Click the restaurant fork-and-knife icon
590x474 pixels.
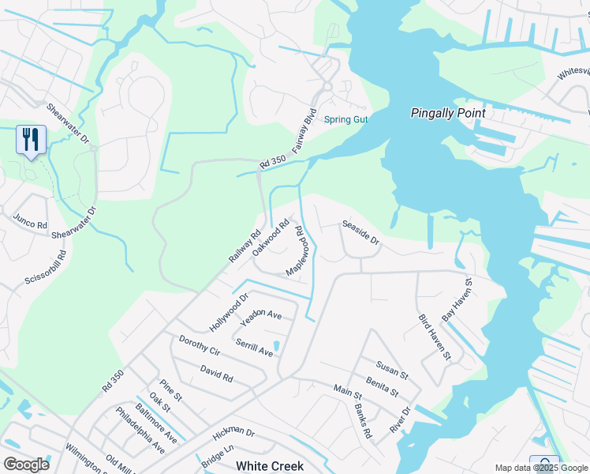[x=31, y=139]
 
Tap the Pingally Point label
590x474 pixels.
[x=448, y=113]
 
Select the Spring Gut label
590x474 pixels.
[x=345, y=120]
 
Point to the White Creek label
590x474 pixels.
[x=269, y=466]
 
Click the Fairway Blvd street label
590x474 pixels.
[x=304, y=130]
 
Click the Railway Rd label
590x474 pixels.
[x=245, y=246]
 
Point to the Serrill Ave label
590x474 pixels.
[x=254, y=347]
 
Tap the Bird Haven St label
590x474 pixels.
[x=434, y=337]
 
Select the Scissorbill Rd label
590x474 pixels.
[x=43, y=269]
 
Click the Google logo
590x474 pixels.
[x=26, y=465]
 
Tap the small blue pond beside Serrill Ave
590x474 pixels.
[x=276, y=345]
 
